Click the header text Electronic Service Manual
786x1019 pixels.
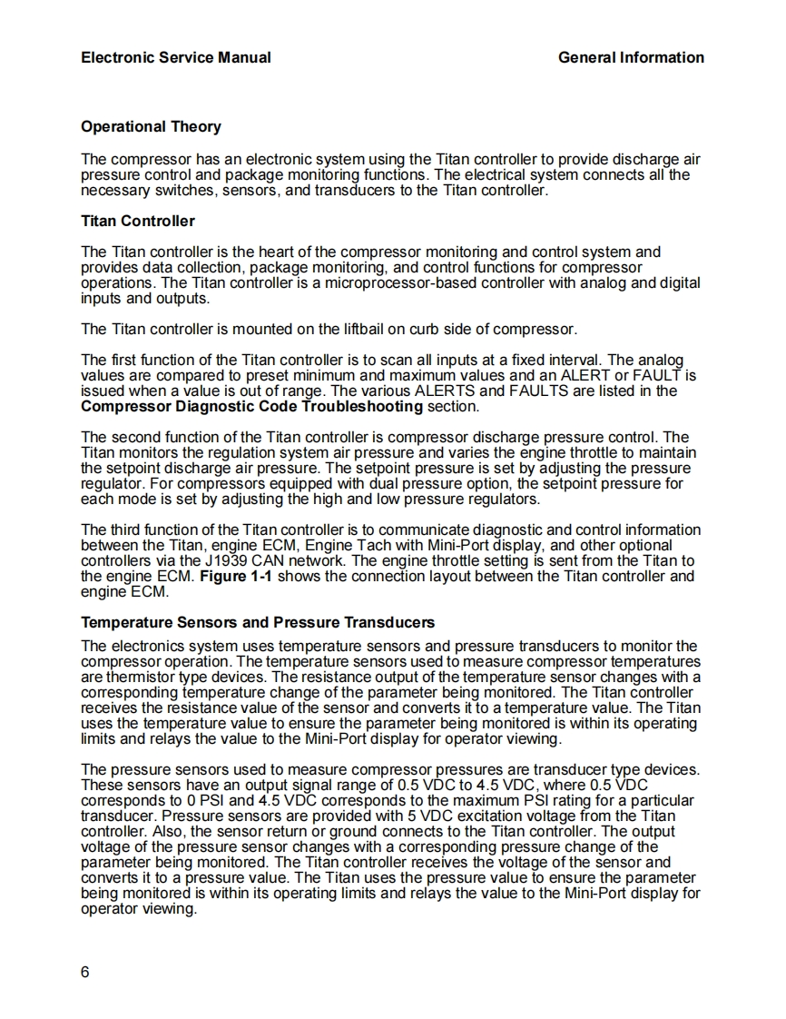point(175,57)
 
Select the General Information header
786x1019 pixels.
point(631,57)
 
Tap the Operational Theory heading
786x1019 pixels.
point(151,126)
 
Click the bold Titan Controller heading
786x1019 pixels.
point(138,221)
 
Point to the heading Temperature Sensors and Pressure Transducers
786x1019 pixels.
point(258,622)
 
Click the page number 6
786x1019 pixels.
point(85,973)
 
